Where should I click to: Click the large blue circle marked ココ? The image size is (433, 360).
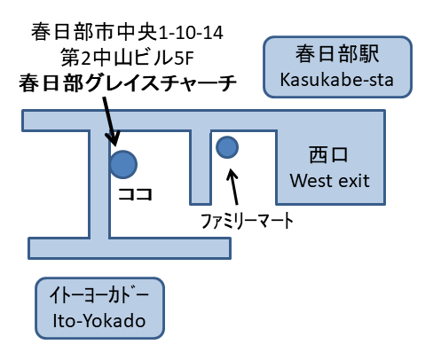tap(122, 163)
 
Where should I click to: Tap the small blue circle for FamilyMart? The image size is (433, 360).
tap(227, 145)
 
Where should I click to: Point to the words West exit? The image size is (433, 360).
tap(329, 182)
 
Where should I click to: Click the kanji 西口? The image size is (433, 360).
tap(329, 156)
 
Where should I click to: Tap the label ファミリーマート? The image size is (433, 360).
tap(243, 216)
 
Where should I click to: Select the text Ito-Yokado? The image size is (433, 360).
tap(98, 320)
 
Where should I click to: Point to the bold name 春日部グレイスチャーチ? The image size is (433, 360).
tap(128, 84)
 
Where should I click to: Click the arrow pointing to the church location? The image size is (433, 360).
tap(108, 120)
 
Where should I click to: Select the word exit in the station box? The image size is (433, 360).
tap(352, 182)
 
